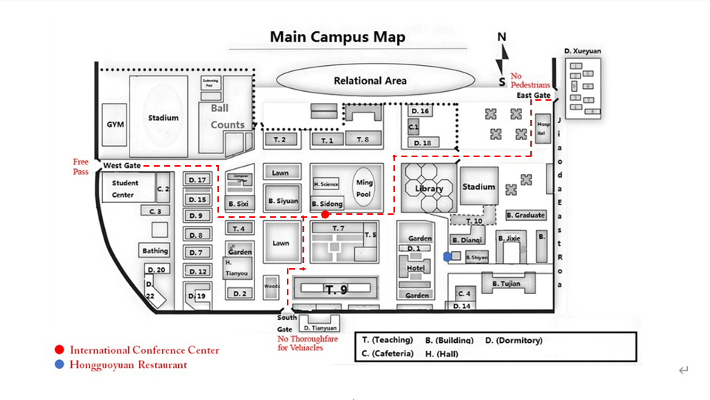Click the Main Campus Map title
pos(337,37)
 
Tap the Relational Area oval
pos(370,81)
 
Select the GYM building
pos(115,124)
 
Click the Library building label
pos(429,188)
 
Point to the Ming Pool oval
pos(365,187)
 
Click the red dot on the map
pos(325,214)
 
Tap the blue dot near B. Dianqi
pos(447,256)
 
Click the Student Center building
pos(124,188)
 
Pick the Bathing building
pos(155,250)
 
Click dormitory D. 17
pos(197,180)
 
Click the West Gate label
pos(121,165)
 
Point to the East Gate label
pos(532,96)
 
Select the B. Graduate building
pos(526,215)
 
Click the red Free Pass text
pos(80,166)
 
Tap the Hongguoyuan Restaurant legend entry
pos(128,364)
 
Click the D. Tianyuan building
pos(320,327)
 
